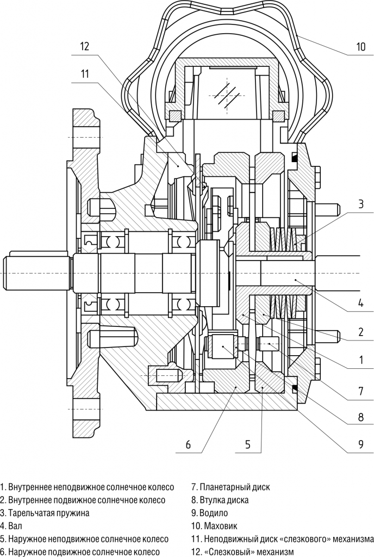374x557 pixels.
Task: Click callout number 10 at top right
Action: [361, 47]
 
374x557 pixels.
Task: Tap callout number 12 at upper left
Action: [84, 46]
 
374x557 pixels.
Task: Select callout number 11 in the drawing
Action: [84, 74]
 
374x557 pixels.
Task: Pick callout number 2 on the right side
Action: [360, 331]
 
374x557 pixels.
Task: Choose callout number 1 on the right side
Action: [360, 359]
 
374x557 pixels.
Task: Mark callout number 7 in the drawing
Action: [360, 390]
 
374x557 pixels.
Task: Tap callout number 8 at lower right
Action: [360, 418]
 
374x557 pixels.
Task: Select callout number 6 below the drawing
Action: [188, 444]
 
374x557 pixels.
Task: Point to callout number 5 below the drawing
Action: [247, 444]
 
